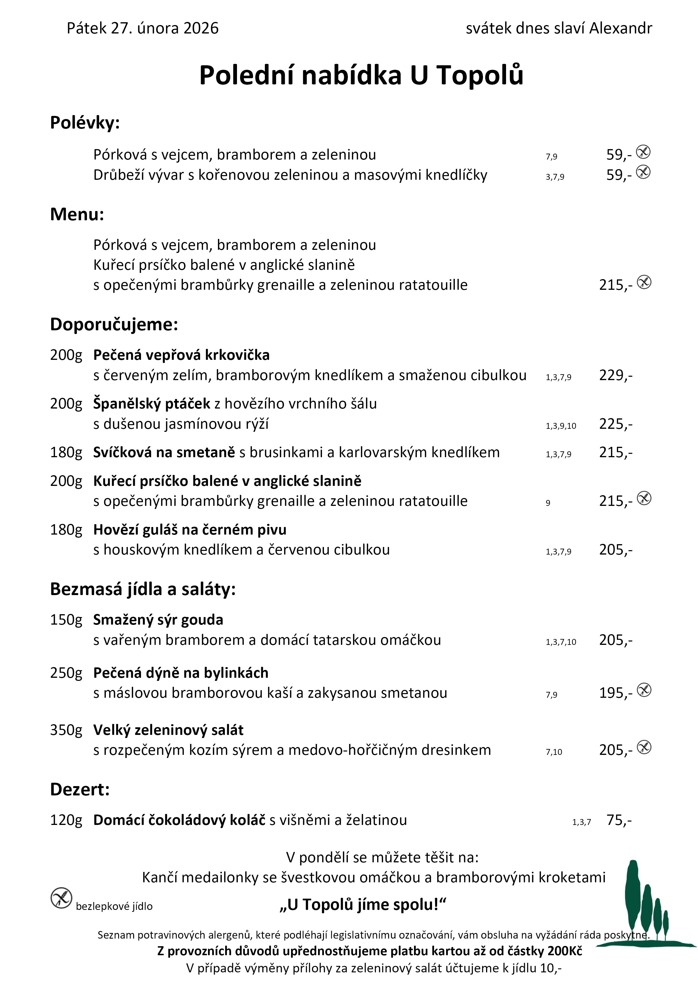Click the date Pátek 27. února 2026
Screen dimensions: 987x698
(142, 28)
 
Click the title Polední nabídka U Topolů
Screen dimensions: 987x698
(361, 75)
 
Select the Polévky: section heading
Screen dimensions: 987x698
(85, 123)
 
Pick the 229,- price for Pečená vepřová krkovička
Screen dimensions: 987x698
(616, 375)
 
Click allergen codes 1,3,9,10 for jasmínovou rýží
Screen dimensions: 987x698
(561, 426)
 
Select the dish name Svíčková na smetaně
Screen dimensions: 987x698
(164, 452)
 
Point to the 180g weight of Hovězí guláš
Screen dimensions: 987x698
(66, 530)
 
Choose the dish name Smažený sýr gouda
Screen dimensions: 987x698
(158, 620)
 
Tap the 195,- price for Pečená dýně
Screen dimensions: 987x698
(616, 693)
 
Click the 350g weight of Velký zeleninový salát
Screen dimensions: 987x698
(66, 730)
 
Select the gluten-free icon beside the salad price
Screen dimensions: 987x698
(644, 747)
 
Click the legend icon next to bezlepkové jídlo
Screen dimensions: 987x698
(61, 898)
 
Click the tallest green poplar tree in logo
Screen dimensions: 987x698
(632, 898)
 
